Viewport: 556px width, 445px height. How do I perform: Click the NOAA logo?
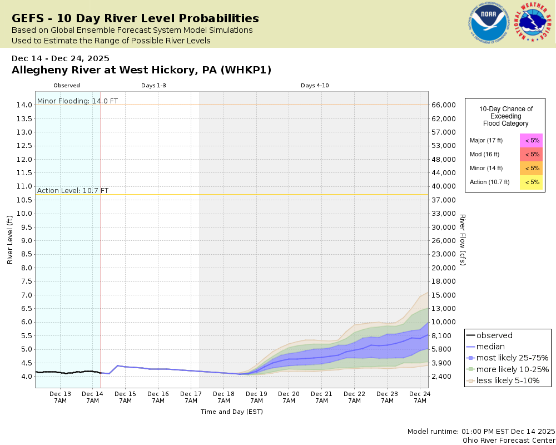489,23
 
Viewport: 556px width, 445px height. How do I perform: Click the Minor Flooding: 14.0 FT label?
77,101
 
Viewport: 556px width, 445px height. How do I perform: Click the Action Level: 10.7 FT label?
73,191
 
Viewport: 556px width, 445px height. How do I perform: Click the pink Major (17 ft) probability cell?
532,141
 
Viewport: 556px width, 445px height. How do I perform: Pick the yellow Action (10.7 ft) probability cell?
532,182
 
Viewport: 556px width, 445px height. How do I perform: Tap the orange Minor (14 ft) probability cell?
532,168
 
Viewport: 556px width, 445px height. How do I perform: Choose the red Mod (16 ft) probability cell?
532,154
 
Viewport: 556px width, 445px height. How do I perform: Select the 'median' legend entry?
490,347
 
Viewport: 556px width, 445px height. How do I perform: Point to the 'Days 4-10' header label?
315,86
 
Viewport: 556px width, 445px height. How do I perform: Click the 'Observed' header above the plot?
67,86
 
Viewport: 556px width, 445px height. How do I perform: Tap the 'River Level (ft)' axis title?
9,240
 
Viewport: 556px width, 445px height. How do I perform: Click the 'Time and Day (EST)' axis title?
231,412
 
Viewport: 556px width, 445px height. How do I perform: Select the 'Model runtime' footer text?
481,432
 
